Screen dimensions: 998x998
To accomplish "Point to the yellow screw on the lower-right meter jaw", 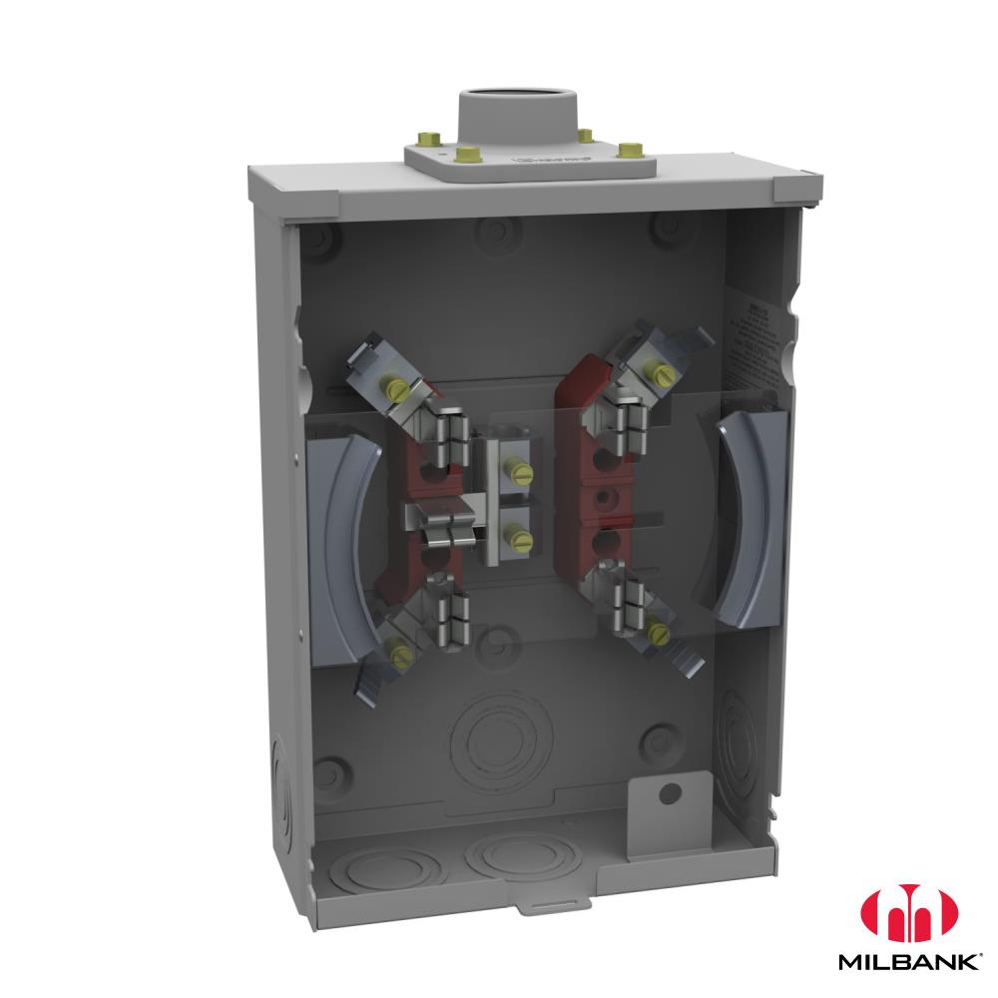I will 657,630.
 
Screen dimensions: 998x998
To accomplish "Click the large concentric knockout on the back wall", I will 496,740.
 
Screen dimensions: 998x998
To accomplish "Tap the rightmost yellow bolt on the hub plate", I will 628,151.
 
